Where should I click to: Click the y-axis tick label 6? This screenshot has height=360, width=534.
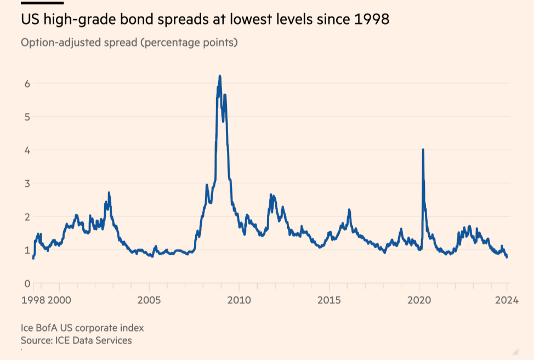point(26,83)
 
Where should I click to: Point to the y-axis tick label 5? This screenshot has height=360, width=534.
point(26,117)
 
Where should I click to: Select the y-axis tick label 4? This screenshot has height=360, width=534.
point(26,150)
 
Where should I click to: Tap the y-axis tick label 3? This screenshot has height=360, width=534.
point(26,183)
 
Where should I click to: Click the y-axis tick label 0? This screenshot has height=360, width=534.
point(26,283)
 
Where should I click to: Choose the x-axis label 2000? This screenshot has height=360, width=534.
point(59,300)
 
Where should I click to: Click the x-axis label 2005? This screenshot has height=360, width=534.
point(149,300)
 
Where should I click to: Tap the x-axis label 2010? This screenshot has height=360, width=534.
point(239,300)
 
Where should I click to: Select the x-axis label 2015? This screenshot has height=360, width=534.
point(329,300)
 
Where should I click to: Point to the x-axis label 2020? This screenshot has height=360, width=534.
point(419,300)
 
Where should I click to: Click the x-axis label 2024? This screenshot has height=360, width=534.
point(507,300)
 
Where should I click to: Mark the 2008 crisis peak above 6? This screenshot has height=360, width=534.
point(220,76)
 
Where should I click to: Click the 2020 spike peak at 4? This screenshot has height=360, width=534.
point(423,150)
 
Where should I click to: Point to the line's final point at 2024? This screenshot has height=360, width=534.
point(507,257)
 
